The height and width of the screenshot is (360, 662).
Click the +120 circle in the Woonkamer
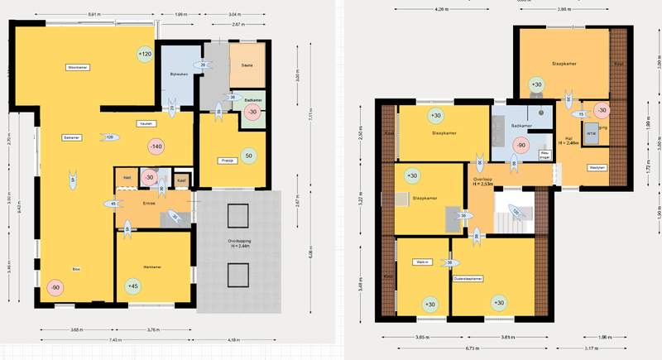(146, 55)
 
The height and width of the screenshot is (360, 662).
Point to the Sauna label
(246, 65)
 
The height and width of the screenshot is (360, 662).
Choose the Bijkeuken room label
(180, 74)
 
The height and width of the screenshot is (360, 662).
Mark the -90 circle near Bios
(55, 287)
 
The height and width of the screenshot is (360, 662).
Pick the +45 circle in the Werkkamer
(132, 286)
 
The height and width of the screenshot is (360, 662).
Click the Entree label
(149, 203)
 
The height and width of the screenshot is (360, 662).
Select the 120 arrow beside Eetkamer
(108, 137)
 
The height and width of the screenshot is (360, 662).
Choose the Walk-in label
(423, 263)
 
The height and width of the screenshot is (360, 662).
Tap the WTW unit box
(590, 133)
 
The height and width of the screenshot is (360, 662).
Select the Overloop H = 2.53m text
(483, 180)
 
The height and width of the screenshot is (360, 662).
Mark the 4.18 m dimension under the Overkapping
(233, 339)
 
